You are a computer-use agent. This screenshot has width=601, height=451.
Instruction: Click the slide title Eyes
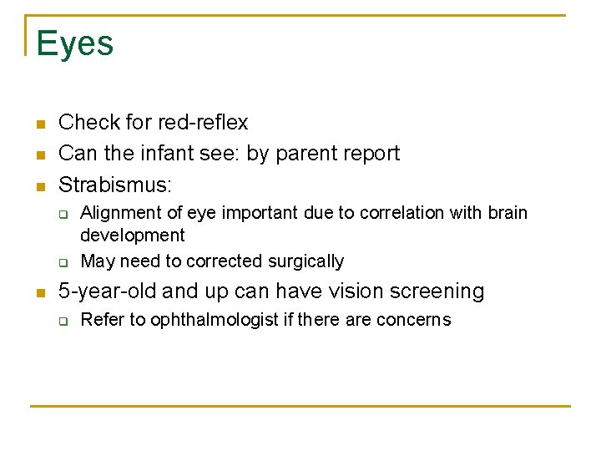pos(75,43)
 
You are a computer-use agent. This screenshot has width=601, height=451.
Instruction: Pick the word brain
pos(507,213)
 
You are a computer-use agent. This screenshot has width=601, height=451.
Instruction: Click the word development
pos(133,236)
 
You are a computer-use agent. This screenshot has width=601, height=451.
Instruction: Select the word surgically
pos(305,261)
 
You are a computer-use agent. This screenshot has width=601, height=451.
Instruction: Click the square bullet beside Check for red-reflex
pos(38,124)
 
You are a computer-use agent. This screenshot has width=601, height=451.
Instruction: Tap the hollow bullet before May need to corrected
pos(63,262)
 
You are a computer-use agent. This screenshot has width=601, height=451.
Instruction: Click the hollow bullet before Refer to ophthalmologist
pos(63,321)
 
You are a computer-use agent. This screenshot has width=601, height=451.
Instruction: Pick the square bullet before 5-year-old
pos(38,293)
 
